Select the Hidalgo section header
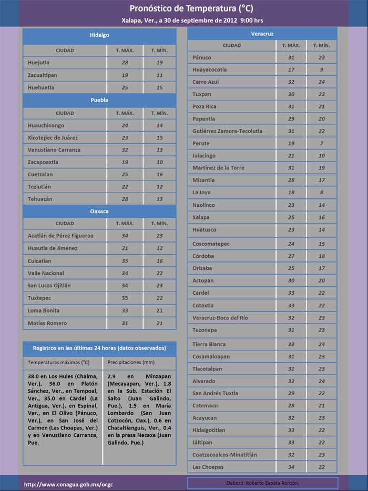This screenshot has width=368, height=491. pyautogui.click(x=99, y=35)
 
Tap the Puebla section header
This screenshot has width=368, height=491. pyautogui.click(x=99, y=100)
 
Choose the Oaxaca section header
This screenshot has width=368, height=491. pyautogui.click(x=99, y=212)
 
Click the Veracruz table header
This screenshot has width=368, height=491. pyautogui.click(x=262, y=34)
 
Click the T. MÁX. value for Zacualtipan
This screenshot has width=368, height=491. pyautogui.click(x=125, y=75)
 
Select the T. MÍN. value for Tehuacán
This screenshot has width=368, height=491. pyautogui.click(x=159, y=199)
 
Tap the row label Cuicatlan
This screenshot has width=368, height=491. pyautogui.click(x=39, y=261)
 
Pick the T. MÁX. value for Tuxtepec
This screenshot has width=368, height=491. pyautogui.click(x=125, y=298)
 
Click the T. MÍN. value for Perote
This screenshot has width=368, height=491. pyautogui.click(x=322, y=143)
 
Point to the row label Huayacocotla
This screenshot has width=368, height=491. pyautogui.click(x=210, y=69)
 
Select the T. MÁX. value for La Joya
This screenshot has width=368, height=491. pyautogui.click(x=291, y=193)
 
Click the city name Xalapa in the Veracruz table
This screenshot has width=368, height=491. pyautogui.click(x=201, y=217)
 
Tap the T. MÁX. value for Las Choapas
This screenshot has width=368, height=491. pyautogui.click(x=291, y=467)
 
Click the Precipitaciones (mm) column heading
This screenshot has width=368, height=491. pyautogui.click(x=131, y=363)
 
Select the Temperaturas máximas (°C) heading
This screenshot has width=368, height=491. pyautogui.click(x=58, y=363)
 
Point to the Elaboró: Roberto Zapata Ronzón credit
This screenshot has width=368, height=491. pyautogui.click(x=262, y=483)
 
